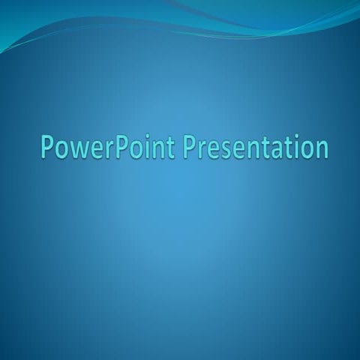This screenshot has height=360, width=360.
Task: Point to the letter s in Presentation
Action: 231,148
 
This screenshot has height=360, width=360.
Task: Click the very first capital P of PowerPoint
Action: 47,146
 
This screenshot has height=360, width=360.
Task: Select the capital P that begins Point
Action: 119,146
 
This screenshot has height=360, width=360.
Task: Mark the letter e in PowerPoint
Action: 95,148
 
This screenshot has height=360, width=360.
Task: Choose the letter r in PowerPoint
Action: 107,148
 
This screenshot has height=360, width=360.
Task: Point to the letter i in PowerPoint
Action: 148,146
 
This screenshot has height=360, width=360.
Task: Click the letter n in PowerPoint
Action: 160,148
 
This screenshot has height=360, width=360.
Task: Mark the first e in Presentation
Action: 220,148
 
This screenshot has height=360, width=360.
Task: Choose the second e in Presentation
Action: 244,148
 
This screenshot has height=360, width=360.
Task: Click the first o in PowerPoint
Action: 61,148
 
